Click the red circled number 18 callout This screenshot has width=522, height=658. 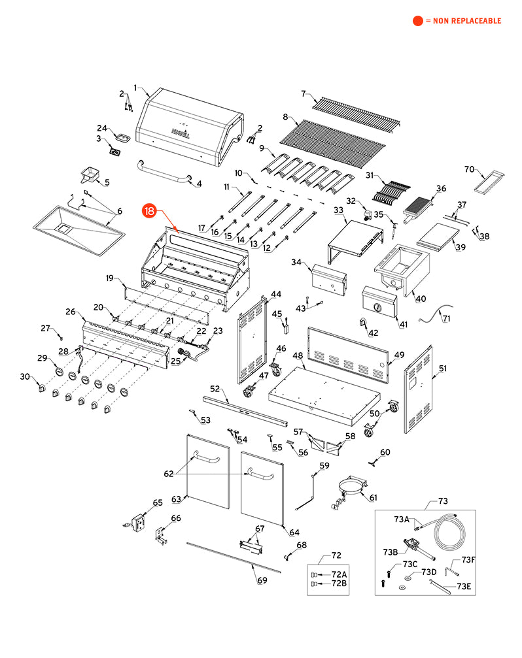point(150,211)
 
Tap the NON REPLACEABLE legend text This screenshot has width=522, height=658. point(463,21)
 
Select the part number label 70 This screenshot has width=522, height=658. point(469,169)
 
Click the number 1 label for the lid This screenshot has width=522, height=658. point(135,88)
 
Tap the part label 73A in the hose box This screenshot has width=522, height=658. point(401,519)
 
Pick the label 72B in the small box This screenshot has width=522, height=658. point(339,582)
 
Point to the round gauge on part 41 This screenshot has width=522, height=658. point(377,308)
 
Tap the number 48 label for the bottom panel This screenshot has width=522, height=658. point(298,355)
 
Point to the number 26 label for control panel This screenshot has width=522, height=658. point(71,312)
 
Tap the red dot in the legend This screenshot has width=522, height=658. point(417,21)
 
